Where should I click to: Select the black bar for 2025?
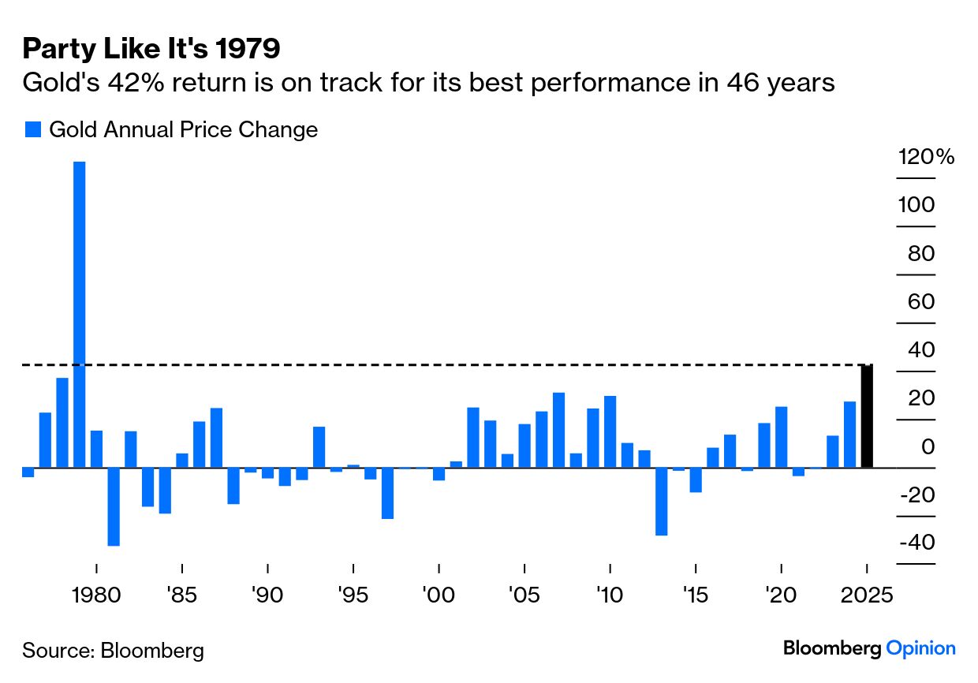(867, 416)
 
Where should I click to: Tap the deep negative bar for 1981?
(114, 506)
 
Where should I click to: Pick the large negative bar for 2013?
(661, 502)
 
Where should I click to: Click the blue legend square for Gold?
(32, 130)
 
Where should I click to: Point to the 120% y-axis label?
(926, 157)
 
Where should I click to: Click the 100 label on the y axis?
(916, 205)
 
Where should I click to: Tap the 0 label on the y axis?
(928, 446)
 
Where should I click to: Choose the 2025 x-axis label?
(867, 594)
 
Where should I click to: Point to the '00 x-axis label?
(439, 594)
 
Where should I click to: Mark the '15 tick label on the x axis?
(695, 594)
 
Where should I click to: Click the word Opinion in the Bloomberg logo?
(920, 648)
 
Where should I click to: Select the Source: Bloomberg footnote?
(113, 651)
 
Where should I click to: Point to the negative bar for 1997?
(387, 493)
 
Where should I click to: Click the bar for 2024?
(849, 435)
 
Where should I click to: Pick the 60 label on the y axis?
(916, 302)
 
